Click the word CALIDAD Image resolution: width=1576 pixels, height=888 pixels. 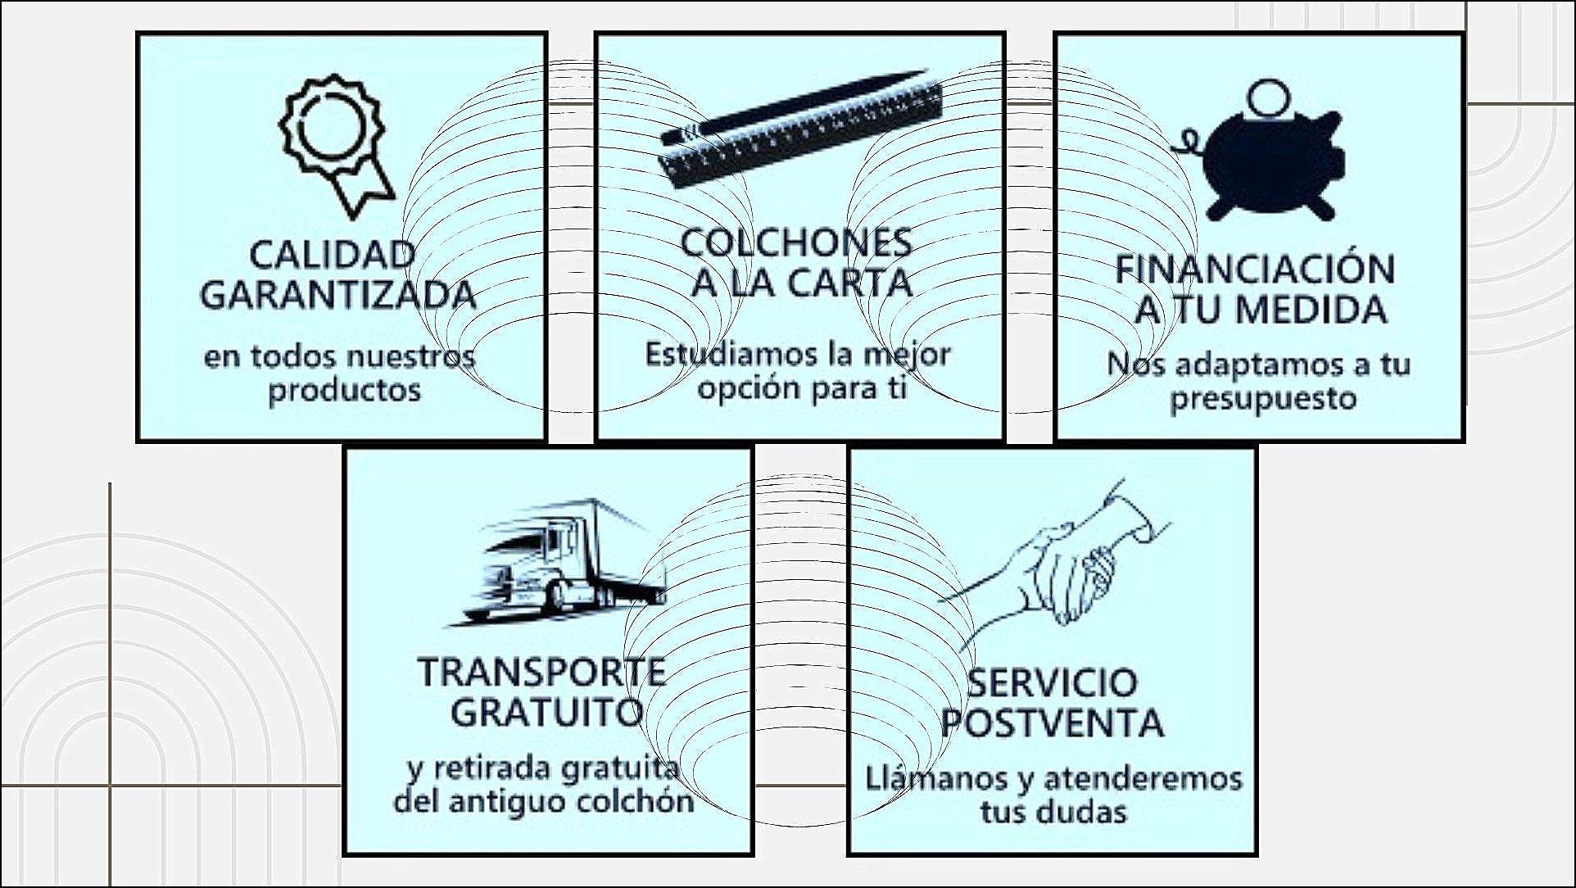click(x=333, y=255)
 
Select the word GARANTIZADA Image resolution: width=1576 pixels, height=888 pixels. click(x=338, y=295)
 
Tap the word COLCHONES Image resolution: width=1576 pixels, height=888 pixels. click(x=797, y=242)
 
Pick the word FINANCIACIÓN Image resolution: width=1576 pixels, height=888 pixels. click(x=1255, y=270)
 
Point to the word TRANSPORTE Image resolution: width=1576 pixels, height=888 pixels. click(x=542, y=673)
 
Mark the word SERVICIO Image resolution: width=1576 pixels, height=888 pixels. click(x=1053, y=682)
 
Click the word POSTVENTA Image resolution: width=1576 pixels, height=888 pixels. click(x=1052, y=723)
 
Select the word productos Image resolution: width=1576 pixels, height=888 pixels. click(x=345, y=391)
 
